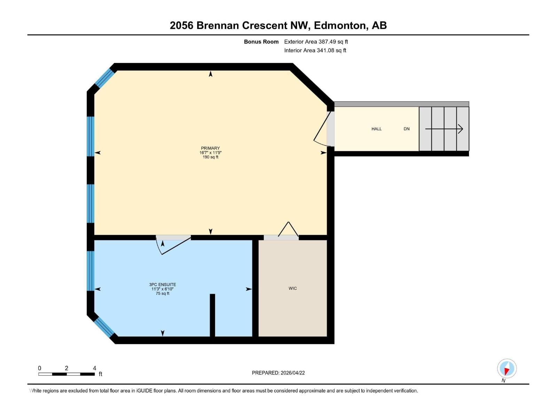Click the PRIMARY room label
210,148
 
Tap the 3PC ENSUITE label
163,285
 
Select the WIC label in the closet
292,288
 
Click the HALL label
376,129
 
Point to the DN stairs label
406,129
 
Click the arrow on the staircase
444,129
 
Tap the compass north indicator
507,369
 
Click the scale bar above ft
66,374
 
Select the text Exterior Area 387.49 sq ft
316,42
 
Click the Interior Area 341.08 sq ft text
315,51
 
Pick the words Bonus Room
261,42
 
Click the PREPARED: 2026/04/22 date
278,373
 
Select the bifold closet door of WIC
288,230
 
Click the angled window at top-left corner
104,78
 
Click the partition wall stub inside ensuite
212,315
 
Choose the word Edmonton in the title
339,25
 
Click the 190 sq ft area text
210,157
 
